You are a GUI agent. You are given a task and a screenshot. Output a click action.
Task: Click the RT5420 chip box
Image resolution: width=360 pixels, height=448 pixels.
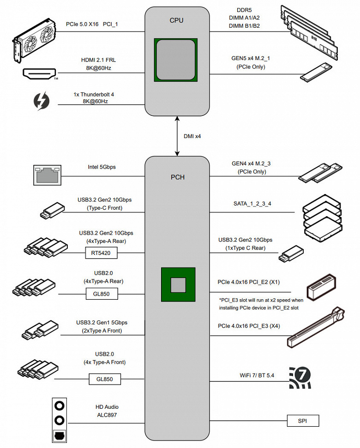click(x=101, y=253)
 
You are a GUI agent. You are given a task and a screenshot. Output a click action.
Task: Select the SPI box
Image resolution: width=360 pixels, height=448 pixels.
click(x=302, y=421)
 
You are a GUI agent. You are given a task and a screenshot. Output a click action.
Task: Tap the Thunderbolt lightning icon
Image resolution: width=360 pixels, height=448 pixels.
click(x=42, y=101)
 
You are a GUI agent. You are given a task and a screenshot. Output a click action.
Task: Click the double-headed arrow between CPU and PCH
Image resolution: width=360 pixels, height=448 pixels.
click(x=177, y=137)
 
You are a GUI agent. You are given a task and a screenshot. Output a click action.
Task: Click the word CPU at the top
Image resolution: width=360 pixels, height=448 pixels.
click(x=177, y=20)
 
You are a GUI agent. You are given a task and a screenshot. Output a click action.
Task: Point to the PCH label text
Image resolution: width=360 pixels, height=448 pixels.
click(x=177, y=177)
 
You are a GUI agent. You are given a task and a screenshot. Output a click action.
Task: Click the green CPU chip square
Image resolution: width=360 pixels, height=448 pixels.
click(x=177, y=58)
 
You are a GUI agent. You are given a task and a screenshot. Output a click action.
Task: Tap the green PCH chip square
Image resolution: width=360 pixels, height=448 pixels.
click(x=177, y=285)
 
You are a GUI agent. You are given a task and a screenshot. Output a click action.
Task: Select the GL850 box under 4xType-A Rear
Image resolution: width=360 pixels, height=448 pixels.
click(x=101, y=293)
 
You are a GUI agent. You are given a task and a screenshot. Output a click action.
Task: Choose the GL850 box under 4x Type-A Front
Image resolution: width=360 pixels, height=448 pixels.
click(x=105, y=380)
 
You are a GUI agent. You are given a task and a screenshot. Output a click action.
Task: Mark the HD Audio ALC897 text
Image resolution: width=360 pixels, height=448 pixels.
click(x=107, y=411)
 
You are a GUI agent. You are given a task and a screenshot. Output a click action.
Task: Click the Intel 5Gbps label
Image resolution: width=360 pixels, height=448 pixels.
click(x=102, y=167)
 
